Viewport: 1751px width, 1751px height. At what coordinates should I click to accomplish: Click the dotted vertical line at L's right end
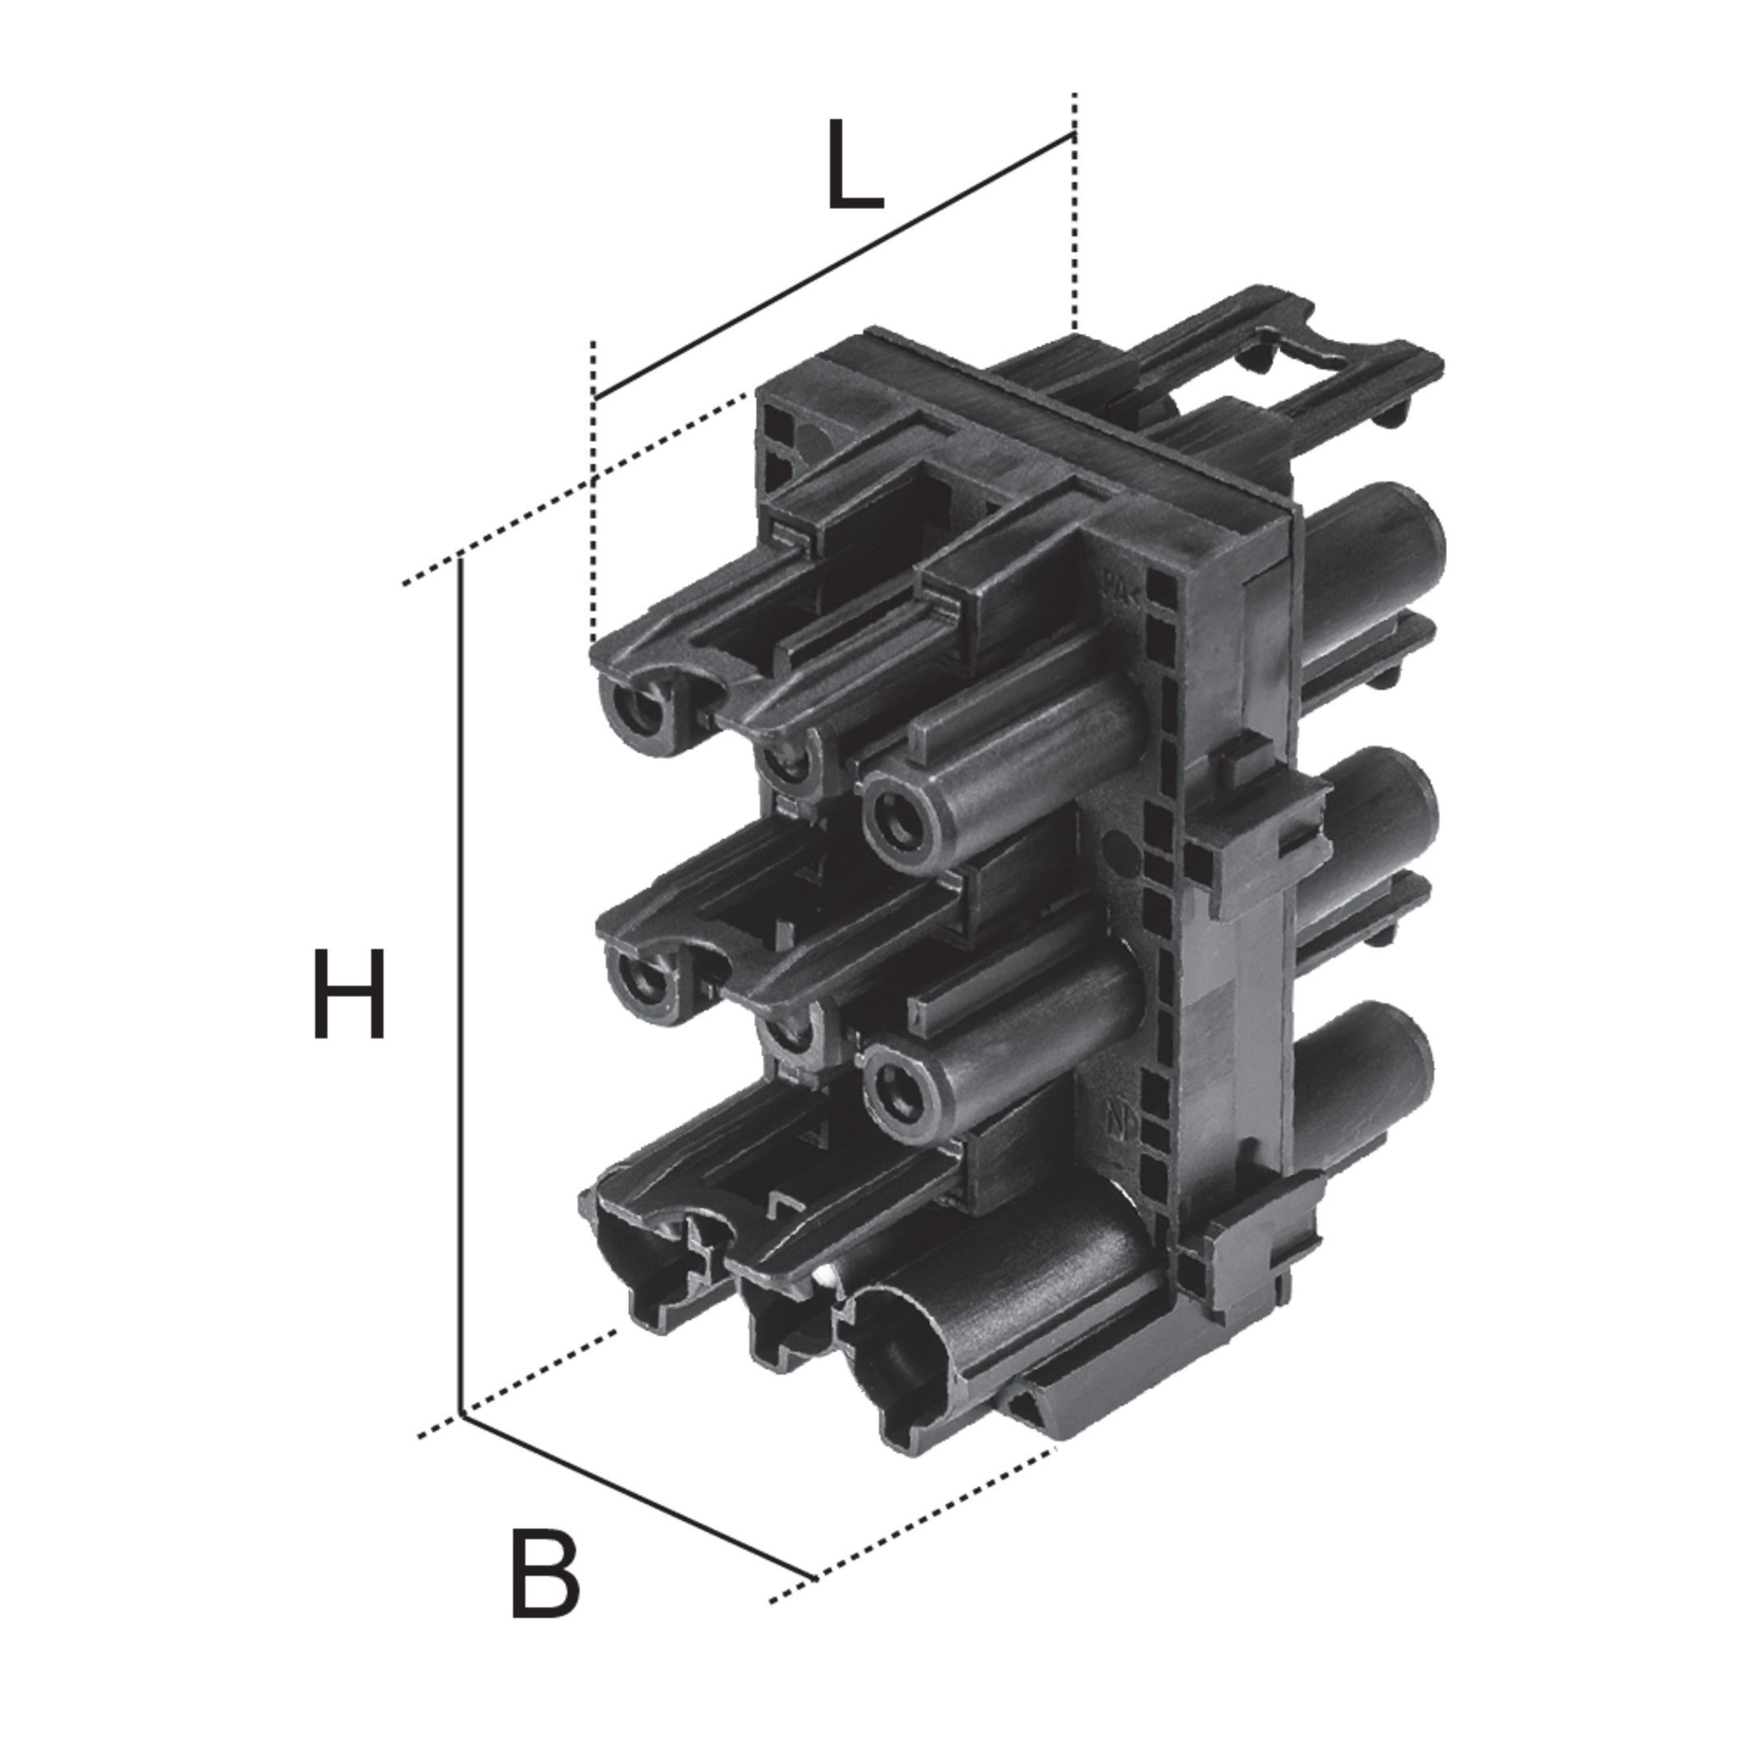coord(1075,213)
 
